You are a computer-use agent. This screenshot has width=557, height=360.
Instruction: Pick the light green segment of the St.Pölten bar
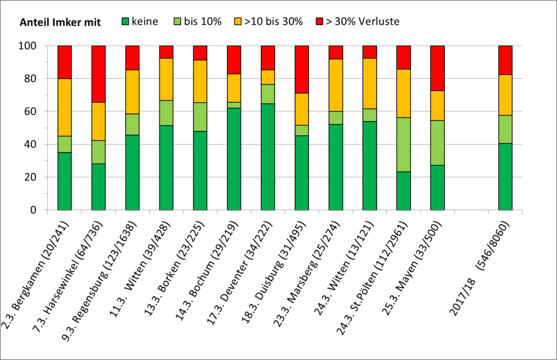(404, 144)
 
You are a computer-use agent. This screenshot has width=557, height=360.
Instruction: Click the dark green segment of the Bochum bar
(234, 159)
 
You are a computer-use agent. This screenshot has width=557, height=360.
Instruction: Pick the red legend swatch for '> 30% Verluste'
(318, 22)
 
